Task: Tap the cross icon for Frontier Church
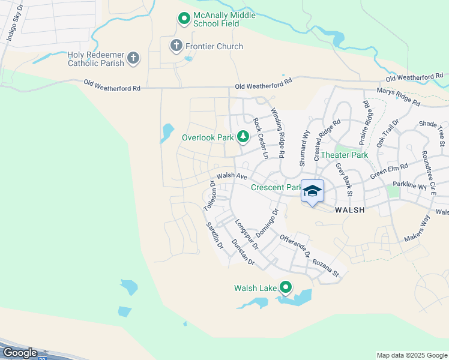click(176, 46)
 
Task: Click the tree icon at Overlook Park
click(243, 137)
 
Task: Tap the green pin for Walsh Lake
click(286, 289)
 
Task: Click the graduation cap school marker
click(312, 191)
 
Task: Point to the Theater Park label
click(344, 155)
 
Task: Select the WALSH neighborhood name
click(349, 210)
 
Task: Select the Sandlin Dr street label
click(214, 236)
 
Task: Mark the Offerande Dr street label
click(294, 246)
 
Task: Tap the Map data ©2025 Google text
click(411, 355)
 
